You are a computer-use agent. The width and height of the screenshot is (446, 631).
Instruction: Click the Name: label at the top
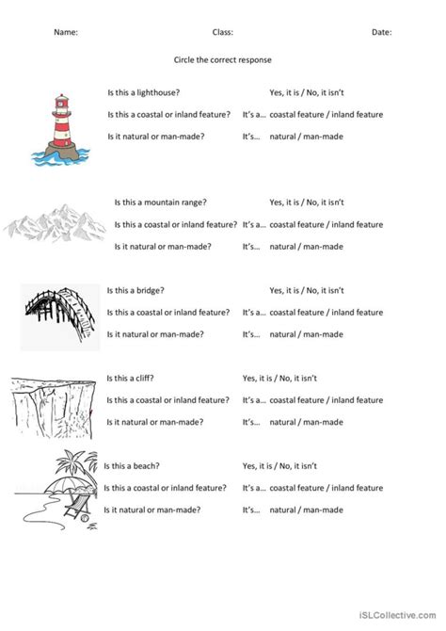click(65, 31)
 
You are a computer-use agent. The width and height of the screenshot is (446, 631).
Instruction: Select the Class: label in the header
click(223, 31)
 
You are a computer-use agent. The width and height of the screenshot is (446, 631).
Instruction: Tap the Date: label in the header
click(381, 31)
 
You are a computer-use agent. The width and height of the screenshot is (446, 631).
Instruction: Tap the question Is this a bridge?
click(143, 290)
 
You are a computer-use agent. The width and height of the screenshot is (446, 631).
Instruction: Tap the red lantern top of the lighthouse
click(62, 97)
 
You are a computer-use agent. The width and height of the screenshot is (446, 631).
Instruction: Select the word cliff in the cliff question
click(151, 378)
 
